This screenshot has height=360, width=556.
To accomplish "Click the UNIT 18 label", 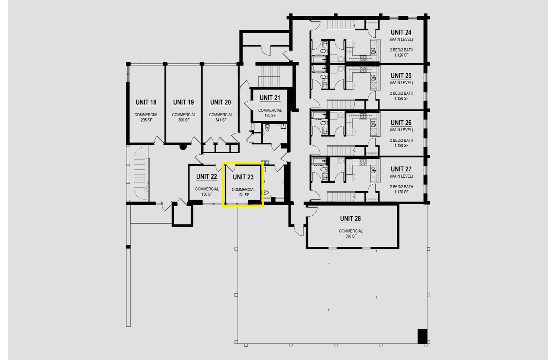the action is point(146,102).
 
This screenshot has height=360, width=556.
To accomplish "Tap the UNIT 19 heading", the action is point(184,102).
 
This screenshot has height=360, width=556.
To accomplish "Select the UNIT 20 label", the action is point(221,102).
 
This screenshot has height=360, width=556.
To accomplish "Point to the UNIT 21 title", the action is point(270,98).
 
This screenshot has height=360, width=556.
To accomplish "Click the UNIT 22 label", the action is point(207,176).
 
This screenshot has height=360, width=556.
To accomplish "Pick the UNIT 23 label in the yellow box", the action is point(243,177).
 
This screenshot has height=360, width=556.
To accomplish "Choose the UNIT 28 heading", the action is point(350,218).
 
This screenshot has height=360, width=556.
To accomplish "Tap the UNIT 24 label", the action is point(401,32).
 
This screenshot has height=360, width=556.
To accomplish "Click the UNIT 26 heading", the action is point(401,123).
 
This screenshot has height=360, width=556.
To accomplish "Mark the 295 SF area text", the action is point(146,120).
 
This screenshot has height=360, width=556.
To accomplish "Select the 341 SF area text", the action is point(221,120).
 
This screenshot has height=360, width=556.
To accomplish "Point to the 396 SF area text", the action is point(351,236).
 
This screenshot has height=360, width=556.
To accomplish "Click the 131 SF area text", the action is point(244,195).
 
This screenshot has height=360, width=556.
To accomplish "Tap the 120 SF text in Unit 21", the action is point(270,116).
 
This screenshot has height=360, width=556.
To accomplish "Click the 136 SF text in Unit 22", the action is point(207,194).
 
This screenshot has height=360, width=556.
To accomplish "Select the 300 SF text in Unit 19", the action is point(184,120).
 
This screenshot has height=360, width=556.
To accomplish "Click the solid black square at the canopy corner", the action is point(422,336).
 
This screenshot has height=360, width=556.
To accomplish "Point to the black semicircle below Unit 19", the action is point(183,147).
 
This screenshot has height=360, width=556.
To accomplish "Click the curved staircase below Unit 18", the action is point(141,174).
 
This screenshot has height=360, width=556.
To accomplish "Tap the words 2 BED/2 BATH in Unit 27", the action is point(401,187).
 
